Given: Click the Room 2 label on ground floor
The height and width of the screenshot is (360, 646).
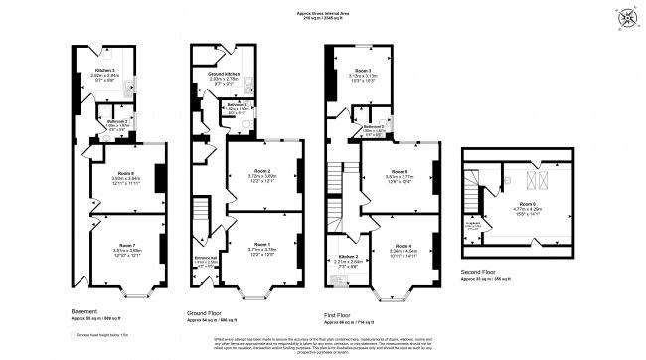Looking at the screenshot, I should click(x=261, y=171).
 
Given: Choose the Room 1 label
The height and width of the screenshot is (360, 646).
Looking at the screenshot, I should click(x=261, y=245).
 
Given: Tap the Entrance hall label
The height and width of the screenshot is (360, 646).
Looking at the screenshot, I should click(x=207, y=261).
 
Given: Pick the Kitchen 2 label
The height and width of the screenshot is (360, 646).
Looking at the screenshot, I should click(x=346, y=261).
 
